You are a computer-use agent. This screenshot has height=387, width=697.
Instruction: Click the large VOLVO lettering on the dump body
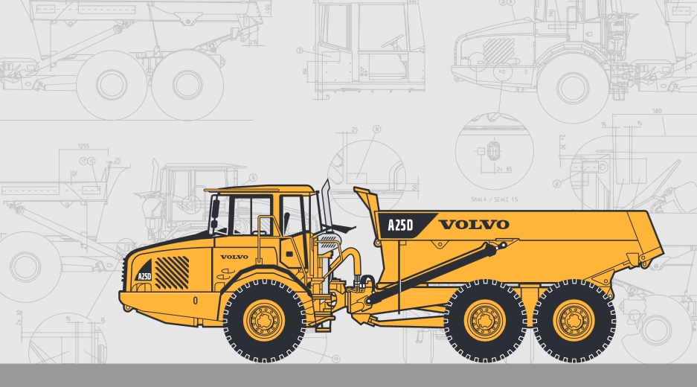click(x=474, y=224)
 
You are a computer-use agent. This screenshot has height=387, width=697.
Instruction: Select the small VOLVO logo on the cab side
click(x=234, y=257)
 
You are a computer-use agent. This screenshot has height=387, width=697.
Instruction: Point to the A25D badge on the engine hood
click(x=144, y=276)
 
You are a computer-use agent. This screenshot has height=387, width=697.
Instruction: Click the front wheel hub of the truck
click(x=265, y=321)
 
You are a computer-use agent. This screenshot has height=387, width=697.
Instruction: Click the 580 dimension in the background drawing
click(x=656, y=112)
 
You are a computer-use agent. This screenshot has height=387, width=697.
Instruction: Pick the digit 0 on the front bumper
click(x=195, y=301)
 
